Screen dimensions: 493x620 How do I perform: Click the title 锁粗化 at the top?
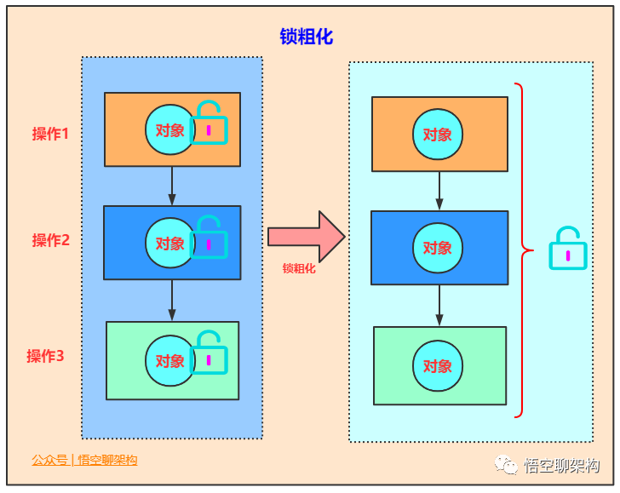307,37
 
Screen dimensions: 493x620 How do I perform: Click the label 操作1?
50,134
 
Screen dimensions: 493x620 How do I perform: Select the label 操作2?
51,240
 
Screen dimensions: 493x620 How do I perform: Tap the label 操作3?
45,356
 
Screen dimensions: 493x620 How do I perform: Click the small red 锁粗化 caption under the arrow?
299,268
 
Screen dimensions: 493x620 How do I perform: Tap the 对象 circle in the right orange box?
438,135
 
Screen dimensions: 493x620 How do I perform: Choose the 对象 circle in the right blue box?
438,248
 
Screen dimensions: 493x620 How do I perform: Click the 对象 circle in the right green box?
438,366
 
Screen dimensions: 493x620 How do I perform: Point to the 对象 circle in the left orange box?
170,130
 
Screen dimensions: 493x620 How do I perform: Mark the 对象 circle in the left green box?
170,361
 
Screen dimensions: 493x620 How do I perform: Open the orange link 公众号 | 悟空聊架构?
84,460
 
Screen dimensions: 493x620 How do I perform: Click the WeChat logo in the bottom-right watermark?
508,465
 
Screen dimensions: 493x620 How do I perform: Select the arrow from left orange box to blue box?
172,186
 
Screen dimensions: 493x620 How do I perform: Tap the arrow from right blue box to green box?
439,305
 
